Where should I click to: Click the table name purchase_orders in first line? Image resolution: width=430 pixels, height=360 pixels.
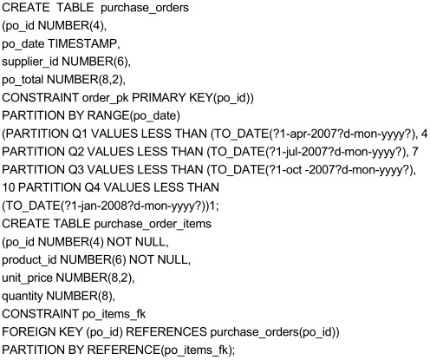(x=145, y=8)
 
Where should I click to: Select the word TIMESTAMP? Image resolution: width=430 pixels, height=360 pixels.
(x=82, y=43)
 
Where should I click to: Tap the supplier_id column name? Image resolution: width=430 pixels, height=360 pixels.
(x=30, y=62)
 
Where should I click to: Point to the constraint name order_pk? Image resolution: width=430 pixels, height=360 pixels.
(x=106, y=98)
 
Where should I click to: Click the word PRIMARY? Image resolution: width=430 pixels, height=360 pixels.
(x=159, y=98)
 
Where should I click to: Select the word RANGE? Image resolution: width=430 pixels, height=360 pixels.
(x=107, y=115)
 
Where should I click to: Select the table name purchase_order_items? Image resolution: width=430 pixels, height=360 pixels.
(x=153, y=224)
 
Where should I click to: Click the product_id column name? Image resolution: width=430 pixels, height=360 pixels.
(x=29, y=260)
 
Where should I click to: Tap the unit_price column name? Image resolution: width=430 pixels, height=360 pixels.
(x=27, y=278)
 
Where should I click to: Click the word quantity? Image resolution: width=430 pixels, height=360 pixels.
(x=23, y=296)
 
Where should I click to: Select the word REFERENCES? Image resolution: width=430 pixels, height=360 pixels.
(x=166, y=331)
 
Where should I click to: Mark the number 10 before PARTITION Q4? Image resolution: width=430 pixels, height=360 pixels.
(x=9, y=187)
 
